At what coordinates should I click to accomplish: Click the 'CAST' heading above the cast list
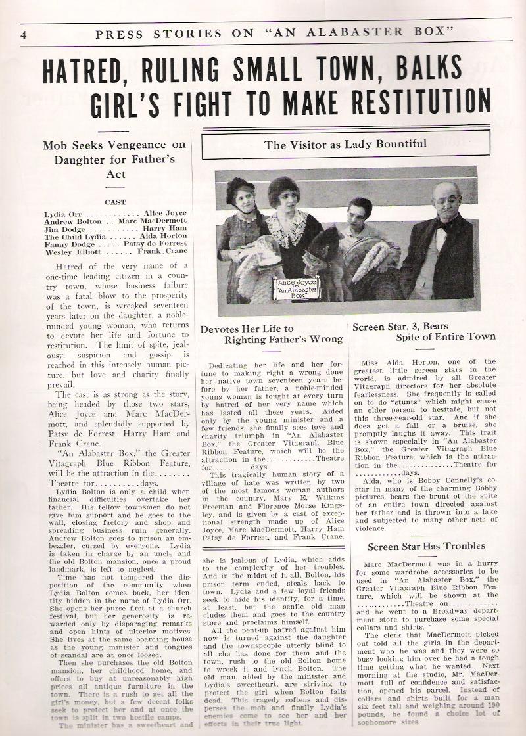coord(116,202)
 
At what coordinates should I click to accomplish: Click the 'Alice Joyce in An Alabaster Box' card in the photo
coord(296,288)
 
